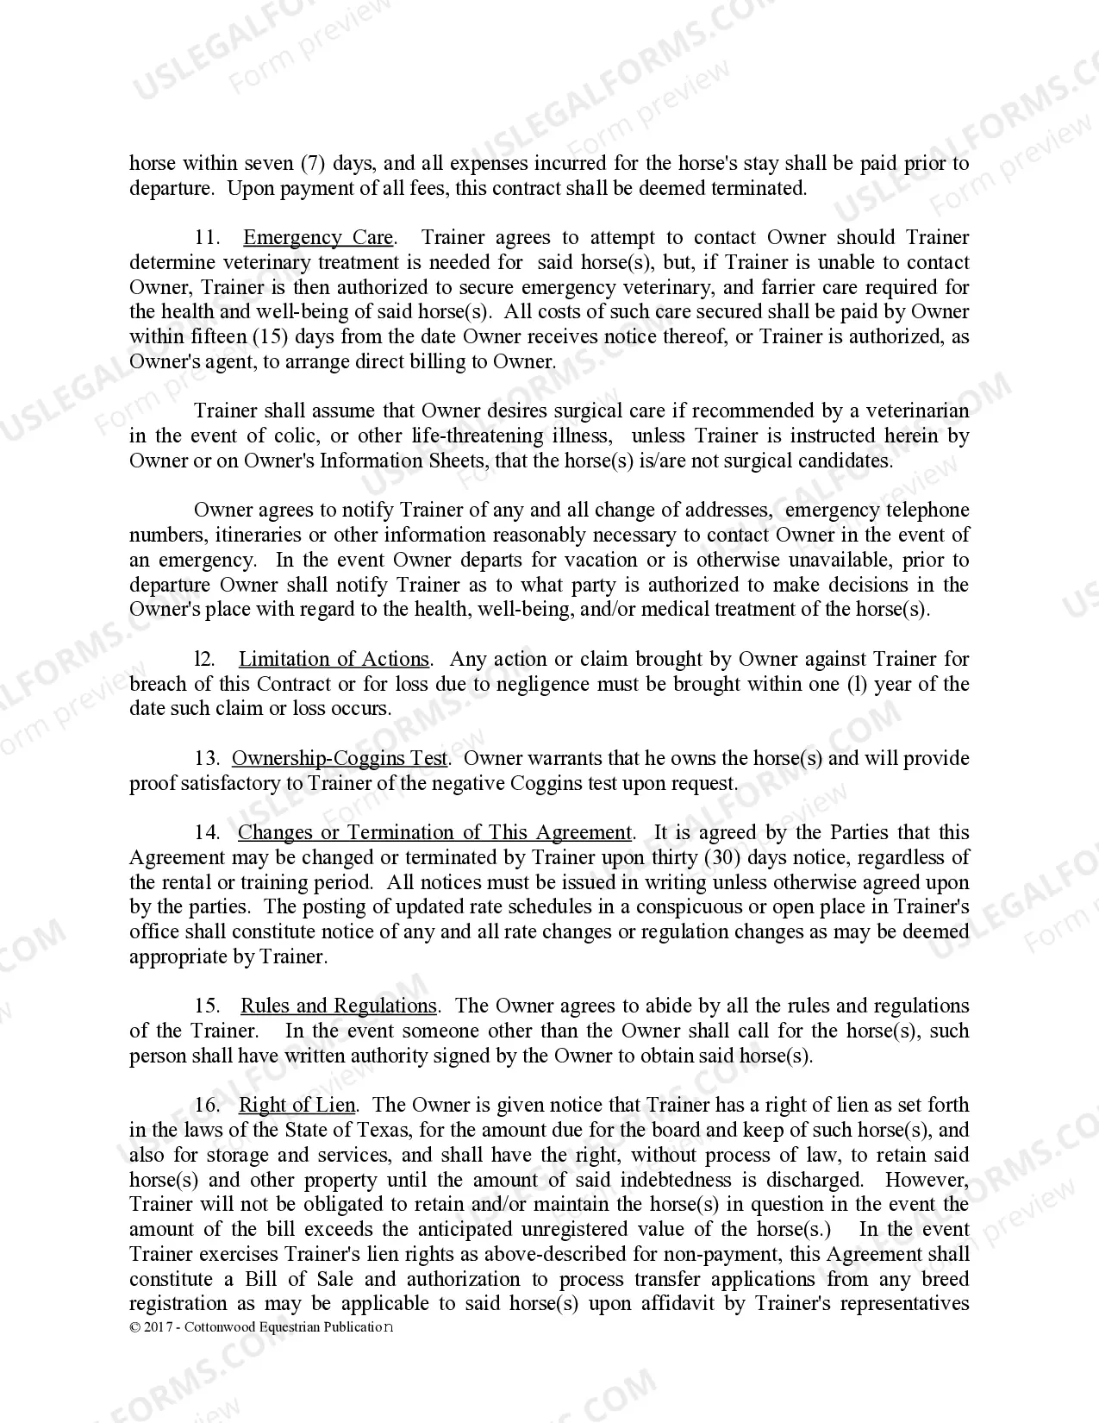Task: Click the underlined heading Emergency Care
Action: click(318, 238)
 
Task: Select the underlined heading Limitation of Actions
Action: click(334, 660)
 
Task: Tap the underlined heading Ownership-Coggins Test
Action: click(340, 759)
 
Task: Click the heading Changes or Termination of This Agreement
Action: click(435, 833)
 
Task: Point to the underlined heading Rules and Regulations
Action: click(339, 1006)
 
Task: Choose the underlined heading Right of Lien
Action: click(297, 1106)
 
